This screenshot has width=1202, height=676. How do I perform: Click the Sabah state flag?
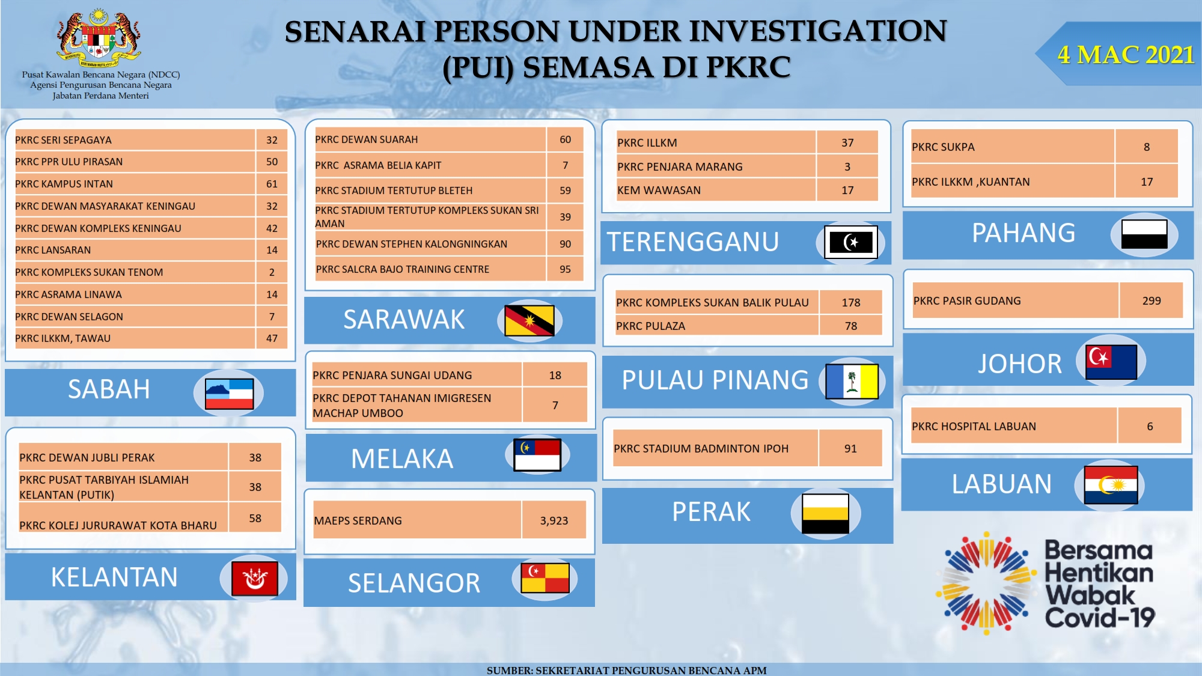tap(229, 394)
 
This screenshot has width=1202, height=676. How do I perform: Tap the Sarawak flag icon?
tap(529, 320)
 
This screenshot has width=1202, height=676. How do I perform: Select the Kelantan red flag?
tap(254, 579)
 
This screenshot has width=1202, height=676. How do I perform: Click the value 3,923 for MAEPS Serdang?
tap(554, 521)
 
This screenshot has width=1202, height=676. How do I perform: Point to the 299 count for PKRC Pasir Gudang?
tap(1152, 301)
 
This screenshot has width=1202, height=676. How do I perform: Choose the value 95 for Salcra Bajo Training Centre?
tap(565, 269)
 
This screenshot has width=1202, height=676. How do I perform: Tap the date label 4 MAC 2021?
tap(1125, 55)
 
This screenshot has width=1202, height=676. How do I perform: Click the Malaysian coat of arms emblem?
tap(99, 37)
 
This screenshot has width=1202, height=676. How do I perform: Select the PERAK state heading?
tap(711, 512)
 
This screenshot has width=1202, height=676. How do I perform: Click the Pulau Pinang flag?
tap(852, 381)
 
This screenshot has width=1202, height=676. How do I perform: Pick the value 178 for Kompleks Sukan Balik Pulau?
tap(850, 303)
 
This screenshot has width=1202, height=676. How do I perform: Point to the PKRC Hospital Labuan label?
tap(974, 427)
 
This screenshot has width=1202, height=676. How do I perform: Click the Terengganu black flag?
tap(851, 242)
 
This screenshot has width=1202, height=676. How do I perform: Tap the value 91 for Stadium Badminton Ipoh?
tap(850, 449)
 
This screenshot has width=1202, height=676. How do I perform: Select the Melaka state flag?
tap(537, 455)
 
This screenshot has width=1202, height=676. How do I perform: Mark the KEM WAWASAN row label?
tap(659, 190)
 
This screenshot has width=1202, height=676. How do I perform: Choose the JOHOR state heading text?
tap(1019, 364)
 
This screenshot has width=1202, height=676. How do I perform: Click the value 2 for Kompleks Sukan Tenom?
tap(272, 272)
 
